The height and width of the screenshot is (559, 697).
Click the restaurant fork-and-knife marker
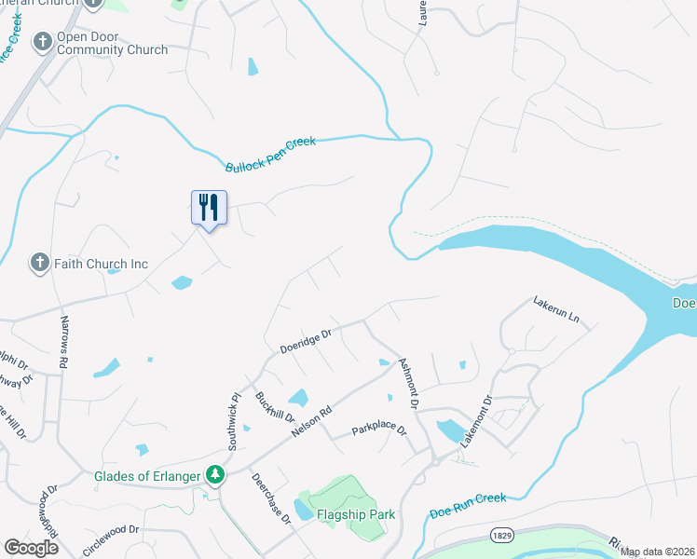[x=209, y=207]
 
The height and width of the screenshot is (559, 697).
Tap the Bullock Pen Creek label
[x=271, y=155]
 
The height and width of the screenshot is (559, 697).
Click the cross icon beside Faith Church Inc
[x=39, y=264]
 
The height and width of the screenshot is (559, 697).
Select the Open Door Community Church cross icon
[x=42, y=42]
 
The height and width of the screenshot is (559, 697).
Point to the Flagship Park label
[x=355, y=514]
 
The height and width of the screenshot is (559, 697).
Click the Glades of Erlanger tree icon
[x=216, y=475]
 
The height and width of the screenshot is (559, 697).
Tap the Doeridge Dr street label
[x=306, y=340]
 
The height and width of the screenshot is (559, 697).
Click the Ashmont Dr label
[x=409, y=383]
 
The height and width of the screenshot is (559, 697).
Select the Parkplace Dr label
[x=379, y=430]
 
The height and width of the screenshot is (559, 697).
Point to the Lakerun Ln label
[x=556, y=310]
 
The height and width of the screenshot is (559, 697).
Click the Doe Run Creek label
[x=468, y=505]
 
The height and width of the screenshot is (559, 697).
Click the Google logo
[x=31, y=548]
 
